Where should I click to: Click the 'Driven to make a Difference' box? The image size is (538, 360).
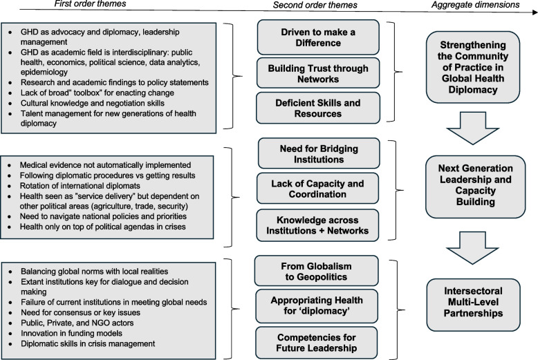click(x=318, y=37)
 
